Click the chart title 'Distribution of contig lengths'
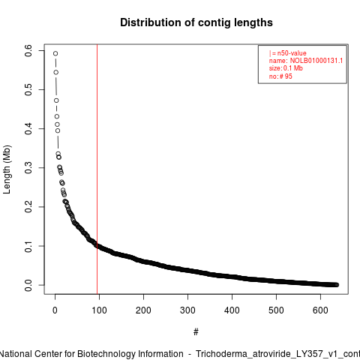point(196,22)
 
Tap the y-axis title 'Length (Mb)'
point(7,169)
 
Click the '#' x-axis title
point(196,332)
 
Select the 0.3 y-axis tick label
point(28,168)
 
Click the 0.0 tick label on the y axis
point(28,285)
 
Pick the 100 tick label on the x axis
point(99,310)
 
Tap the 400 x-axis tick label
point(232,310)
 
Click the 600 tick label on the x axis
point(320,310)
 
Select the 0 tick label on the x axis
point(55,310)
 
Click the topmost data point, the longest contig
point(55,53)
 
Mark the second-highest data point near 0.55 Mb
point(56,72)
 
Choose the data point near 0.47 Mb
point(56,100)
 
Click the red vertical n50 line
point(97,169)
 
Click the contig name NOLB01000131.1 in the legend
point(316,61)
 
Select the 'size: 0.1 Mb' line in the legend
point(286,68)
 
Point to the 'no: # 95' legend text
point(280,76)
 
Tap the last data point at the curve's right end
point(337,285)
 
